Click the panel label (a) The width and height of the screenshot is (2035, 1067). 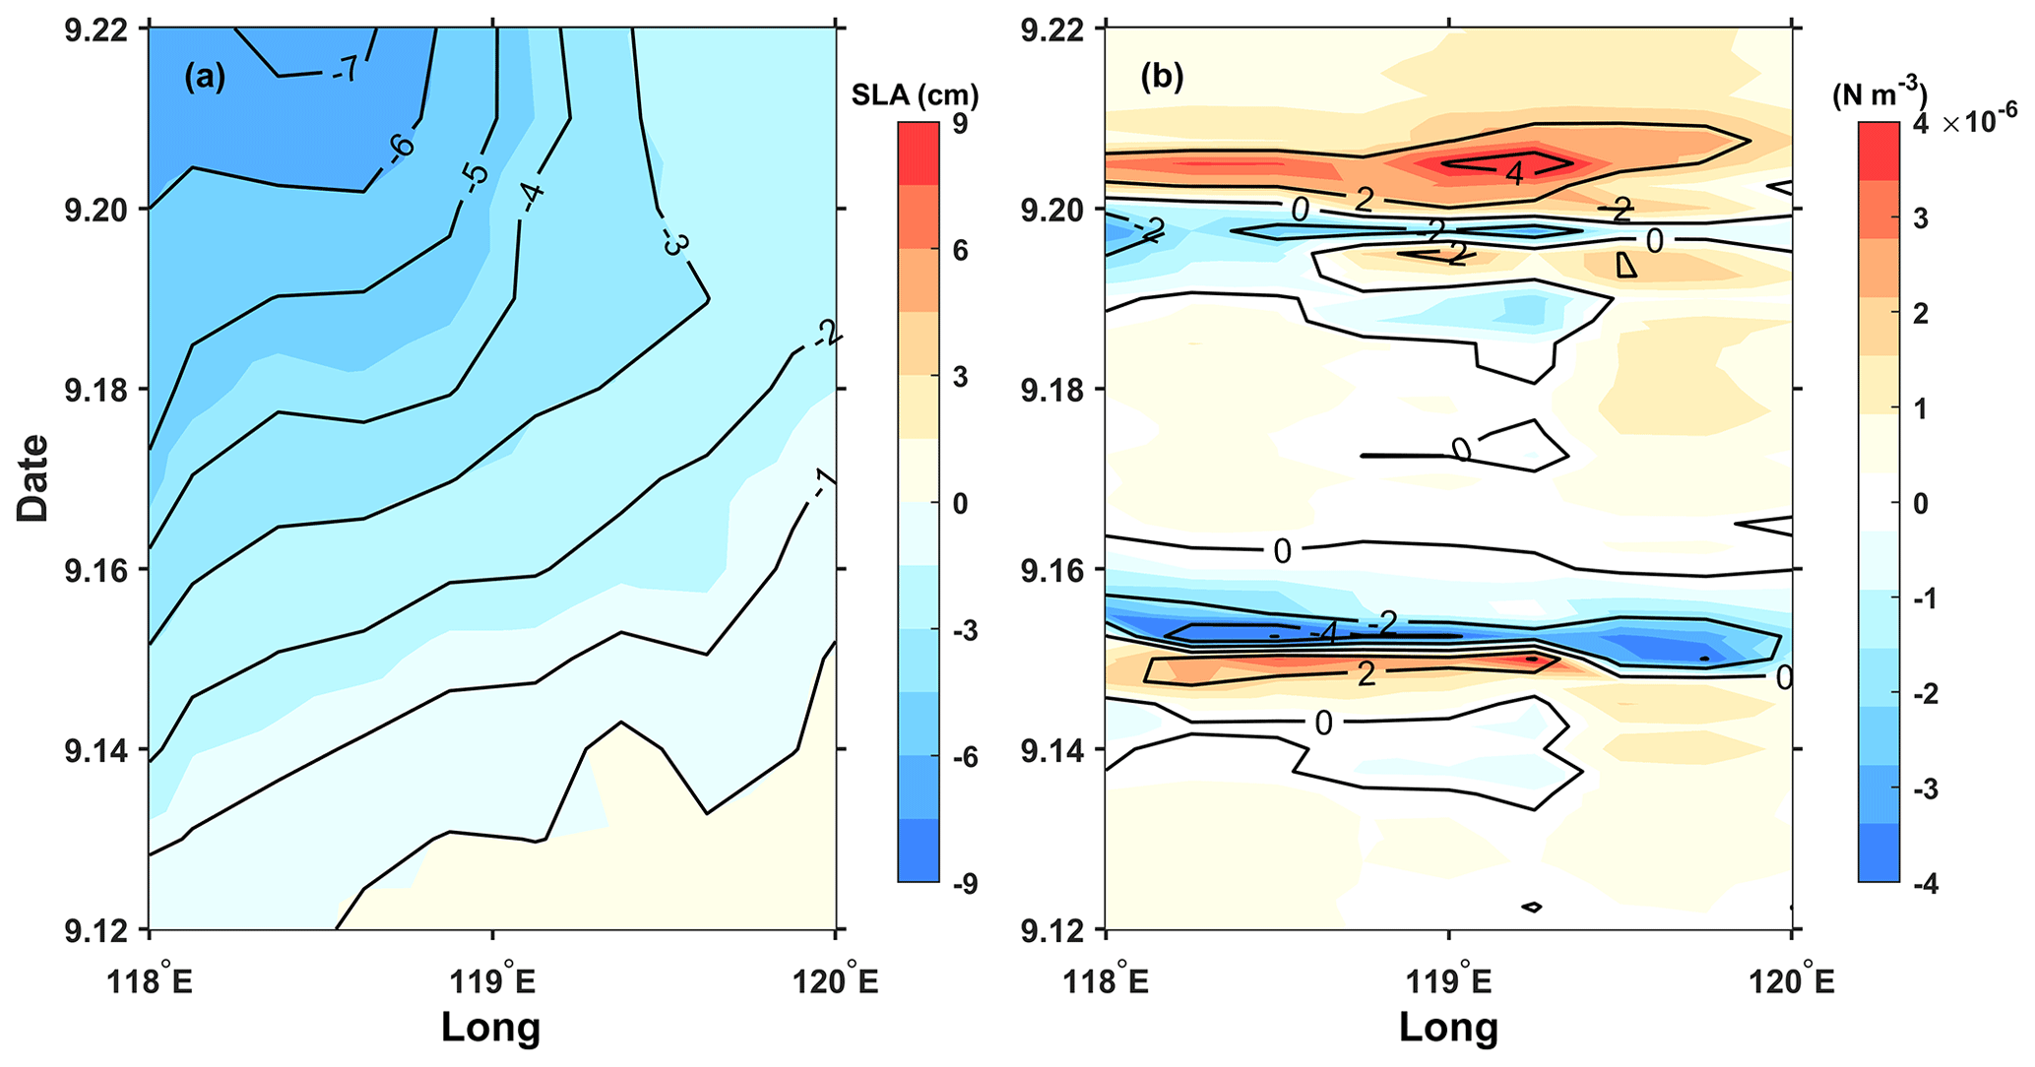205,77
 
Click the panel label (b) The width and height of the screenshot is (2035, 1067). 1162,77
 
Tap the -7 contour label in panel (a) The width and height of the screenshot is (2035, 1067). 345,70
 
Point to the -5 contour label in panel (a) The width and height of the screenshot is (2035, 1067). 474,175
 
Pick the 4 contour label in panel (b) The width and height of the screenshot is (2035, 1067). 1514,173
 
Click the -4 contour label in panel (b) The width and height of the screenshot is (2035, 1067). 1322,634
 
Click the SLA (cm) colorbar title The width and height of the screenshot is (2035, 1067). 915,95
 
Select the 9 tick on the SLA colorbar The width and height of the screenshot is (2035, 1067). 960,124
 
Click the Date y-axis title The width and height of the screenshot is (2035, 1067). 32,477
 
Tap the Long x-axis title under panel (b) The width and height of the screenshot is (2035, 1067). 1448,1027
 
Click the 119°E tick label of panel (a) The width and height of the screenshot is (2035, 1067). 491,980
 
